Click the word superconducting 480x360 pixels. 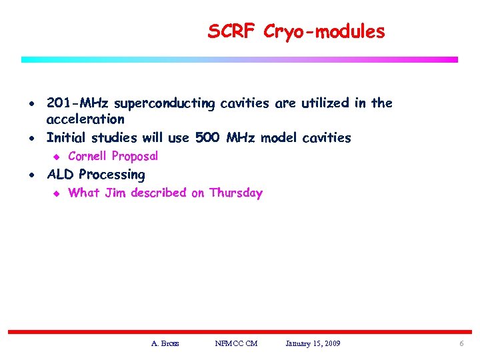(x=165, y=104)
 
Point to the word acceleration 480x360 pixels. (x=85, y=119)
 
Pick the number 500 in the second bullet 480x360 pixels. (x=209, y=138)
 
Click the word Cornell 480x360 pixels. (x=88, y=157)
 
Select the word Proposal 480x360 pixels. (x=135, y=157)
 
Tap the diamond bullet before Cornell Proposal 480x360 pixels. (x=57, y=157)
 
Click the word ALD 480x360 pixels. (x=61, y=175)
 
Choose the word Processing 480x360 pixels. (x=111, y=175)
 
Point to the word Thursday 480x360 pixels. (x=236, y=193)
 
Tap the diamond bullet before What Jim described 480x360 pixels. (x=57, y=193)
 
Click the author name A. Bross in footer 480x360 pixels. (x=165, y=343)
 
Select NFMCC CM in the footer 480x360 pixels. (x=236, y=343)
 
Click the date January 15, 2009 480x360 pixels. (x=313, y=343)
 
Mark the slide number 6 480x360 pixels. (x=461, y=343)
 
